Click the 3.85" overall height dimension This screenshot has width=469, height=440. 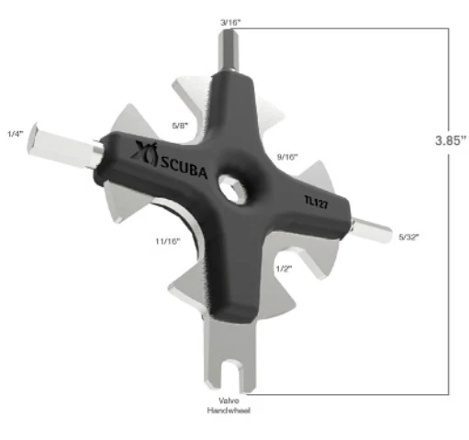pos(450,141)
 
